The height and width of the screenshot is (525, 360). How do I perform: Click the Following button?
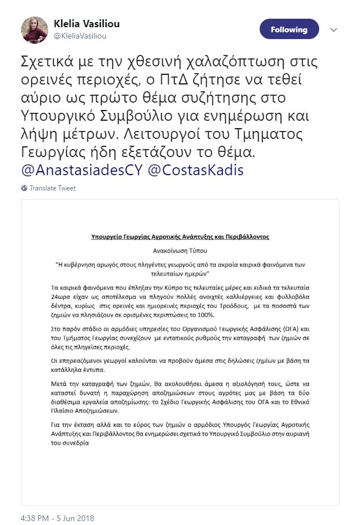(289, 29)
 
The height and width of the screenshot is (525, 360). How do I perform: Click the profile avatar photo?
(35, 30)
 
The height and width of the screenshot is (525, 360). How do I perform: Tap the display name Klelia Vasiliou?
(86, 24)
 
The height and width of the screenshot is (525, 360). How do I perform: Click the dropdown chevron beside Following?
(333, 29)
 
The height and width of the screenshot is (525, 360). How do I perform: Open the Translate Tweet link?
(52, 188)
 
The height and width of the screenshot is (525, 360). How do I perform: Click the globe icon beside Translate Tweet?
(24, 188)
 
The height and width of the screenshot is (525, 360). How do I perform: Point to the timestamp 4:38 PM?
(35, 518)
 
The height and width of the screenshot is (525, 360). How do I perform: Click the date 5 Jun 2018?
(75, 518)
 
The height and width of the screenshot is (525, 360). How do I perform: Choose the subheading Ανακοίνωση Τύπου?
(180, 249)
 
